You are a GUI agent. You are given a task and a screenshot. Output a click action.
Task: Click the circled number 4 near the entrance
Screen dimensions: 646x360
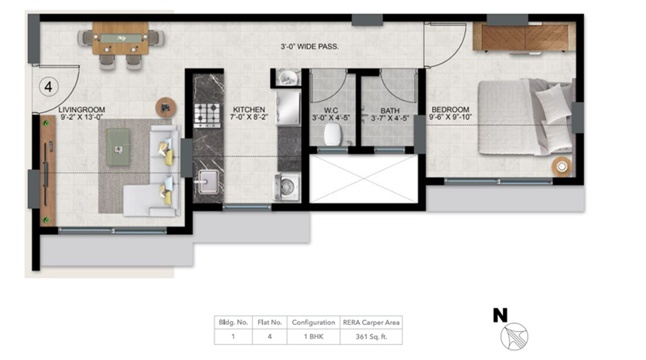pos(49,87)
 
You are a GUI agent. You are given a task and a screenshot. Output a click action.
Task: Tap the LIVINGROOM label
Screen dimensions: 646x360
pos(82,109)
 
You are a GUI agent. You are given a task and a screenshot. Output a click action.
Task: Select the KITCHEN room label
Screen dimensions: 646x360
pos(249,109)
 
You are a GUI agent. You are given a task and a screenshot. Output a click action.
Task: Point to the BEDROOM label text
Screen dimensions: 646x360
pos(450,109)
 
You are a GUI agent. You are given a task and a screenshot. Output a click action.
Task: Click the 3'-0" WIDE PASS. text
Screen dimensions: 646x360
pos(310,47)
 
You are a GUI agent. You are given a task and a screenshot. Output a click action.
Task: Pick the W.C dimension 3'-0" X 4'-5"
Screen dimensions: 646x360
pos(331,118)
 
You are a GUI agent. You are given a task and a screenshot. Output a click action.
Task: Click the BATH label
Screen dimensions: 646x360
pos(389,111)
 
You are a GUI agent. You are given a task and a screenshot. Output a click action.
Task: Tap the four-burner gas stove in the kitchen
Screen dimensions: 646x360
pos(207,115)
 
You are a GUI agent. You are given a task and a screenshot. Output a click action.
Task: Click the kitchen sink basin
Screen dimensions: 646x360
pos(208,181)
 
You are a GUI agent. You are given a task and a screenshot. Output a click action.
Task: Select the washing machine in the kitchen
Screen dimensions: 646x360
pos(287,187)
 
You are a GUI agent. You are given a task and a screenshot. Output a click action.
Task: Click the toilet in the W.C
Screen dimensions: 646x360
pos(333,134)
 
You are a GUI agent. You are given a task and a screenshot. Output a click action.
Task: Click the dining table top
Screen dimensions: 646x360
pos(120,38)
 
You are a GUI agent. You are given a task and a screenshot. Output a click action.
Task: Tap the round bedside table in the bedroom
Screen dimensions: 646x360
pos(562,167)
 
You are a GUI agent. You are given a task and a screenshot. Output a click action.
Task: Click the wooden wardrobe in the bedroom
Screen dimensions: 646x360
pos(524,36)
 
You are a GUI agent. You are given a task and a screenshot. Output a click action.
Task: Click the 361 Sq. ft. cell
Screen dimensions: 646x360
pos(371,336)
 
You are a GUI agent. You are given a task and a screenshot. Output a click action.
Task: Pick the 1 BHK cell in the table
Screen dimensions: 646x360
pos(313,336)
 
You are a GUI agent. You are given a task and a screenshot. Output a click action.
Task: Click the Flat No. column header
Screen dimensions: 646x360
pos(270,322)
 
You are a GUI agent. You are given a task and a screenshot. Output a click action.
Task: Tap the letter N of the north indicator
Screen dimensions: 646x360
pos(500,315)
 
